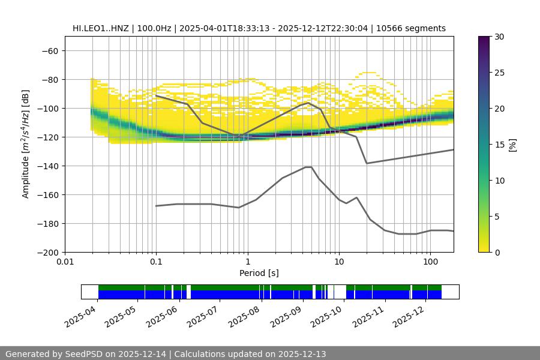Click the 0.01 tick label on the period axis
pos(65,262)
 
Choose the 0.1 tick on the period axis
pos(156,262)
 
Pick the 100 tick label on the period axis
pos(430,262)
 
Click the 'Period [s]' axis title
pos(259,274)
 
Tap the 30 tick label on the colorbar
pos(499,37)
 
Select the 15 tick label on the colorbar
pos(499,145)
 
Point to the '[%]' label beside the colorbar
pos(512,145)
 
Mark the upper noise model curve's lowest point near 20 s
pos(367,163)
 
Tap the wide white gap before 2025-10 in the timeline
pos(340,292)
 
